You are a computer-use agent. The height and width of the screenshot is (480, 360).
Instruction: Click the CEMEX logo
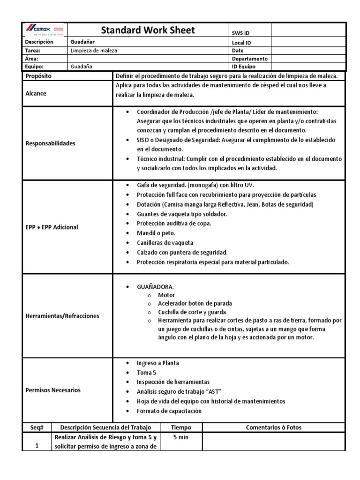point(45,30)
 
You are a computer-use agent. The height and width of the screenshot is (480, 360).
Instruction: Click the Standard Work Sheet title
point(148,30)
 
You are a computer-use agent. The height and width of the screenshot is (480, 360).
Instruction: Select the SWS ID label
point(241,33)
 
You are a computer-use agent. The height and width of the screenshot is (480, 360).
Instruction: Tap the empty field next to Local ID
point(308,42)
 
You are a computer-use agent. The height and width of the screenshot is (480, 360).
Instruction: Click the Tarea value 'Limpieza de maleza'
point(94,50)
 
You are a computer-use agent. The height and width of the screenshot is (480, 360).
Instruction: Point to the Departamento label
point(249,59)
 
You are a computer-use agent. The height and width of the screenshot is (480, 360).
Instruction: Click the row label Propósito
point(38,75)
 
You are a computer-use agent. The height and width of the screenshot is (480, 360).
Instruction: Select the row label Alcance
point(36,93)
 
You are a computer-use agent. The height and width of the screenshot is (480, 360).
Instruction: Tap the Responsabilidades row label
point(50,143)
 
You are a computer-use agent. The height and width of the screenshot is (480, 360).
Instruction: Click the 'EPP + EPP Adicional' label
point(52,227)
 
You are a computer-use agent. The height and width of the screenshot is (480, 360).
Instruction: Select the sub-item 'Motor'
point(166,295)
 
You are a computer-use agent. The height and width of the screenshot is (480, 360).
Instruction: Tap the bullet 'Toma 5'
point(146,373)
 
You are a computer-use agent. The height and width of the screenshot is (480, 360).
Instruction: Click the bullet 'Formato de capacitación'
point(169,411)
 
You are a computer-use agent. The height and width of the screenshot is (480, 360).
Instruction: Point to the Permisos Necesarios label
point(53,390)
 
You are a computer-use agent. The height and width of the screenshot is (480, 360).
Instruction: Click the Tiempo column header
point(181,427)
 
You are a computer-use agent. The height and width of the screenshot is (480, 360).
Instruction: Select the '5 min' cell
point(181,437)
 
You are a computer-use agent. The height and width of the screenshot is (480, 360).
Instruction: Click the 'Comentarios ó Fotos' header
point(274,427)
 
